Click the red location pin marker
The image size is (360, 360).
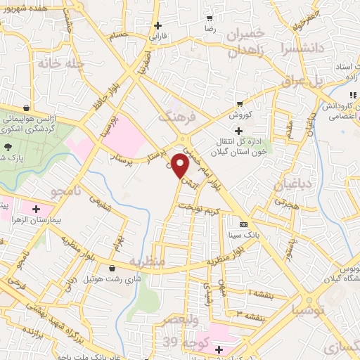180,166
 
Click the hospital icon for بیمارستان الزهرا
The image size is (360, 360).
36,208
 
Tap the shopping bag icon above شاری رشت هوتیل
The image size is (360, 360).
112,267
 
